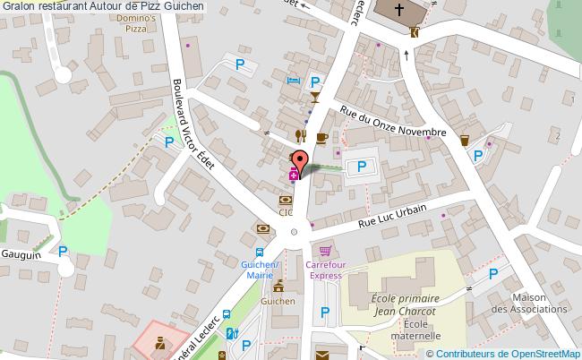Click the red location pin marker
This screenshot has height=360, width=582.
pos(301,161)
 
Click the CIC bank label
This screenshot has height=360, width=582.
pos(285,213)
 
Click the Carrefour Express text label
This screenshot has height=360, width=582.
pos(325,270)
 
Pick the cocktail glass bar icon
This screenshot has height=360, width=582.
pos(314,97)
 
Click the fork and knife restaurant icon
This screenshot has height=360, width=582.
pos(302,136)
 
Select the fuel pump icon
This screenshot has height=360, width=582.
pos(232,334)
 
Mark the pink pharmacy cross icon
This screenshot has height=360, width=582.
pos(293,176)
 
